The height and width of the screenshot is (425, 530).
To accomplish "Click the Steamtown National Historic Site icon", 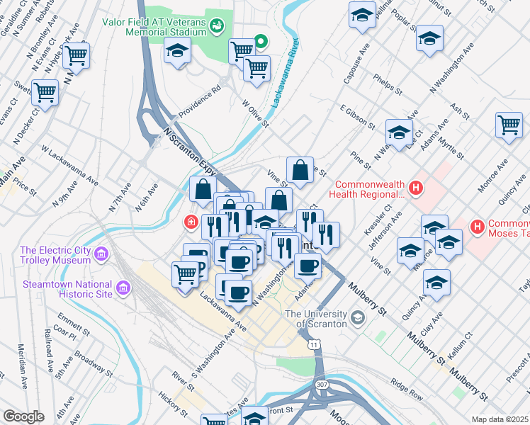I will (123, 288).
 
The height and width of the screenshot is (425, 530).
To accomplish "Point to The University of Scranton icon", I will (357, 316).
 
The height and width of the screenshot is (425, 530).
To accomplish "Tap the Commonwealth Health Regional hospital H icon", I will (416, 188).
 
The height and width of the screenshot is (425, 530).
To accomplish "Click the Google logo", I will (23, 416).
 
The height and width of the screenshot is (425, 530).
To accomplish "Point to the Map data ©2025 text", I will (500, 419).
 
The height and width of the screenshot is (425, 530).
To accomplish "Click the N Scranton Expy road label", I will (188, 151).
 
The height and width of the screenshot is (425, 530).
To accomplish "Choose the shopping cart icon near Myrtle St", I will (509, 127).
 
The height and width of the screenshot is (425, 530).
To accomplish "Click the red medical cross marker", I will (190, 222).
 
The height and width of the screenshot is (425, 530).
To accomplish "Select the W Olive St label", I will (256, 113).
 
